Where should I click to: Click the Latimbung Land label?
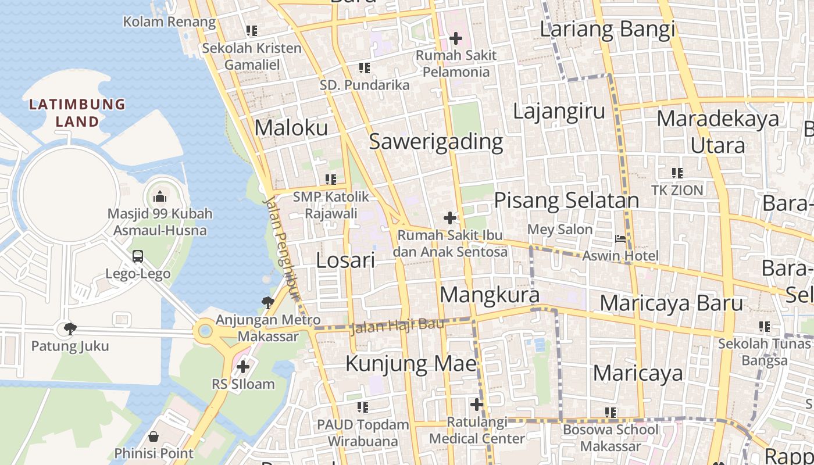[77, 113]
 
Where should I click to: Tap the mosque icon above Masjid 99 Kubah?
[160, 196]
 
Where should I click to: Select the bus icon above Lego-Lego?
[138, 256]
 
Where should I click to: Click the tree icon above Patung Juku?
[70, 328]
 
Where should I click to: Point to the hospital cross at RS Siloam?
[243, 367]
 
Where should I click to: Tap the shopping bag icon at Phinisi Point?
[153, 436]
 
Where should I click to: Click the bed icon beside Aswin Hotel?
[620, 238]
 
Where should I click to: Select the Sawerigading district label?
[436, 141]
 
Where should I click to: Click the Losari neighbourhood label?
[345, 260]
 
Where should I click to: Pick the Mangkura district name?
[490, 295]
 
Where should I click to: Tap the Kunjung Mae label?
[411, 364]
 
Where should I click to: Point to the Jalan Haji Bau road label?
[398, 326]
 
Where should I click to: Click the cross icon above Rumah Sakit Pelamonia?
[456, 39]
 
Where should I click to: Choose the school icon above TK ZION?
[677, 173]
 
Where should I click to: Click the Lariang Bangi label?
[608, 28]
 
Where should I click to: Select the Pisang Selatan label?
[566, 201]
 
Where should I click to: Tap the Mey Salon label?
[560, 229]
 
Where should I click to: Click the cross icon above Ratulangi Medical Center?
[477, 405]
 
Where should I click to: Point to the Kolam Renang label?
[169, 22]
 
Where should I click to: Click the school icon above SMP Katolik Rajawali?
[331, 180]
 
